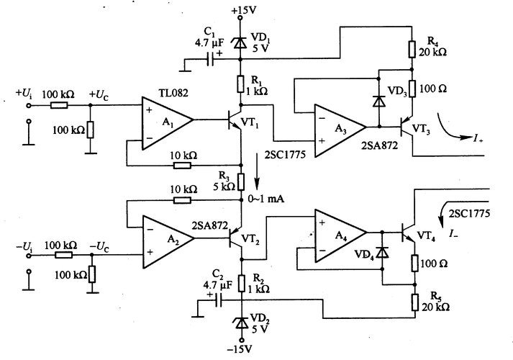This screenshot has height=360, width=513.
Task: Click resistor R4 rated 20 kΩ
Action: (412, 48)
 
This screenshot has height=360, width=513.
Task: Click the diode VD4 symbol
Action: (381, 252)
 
